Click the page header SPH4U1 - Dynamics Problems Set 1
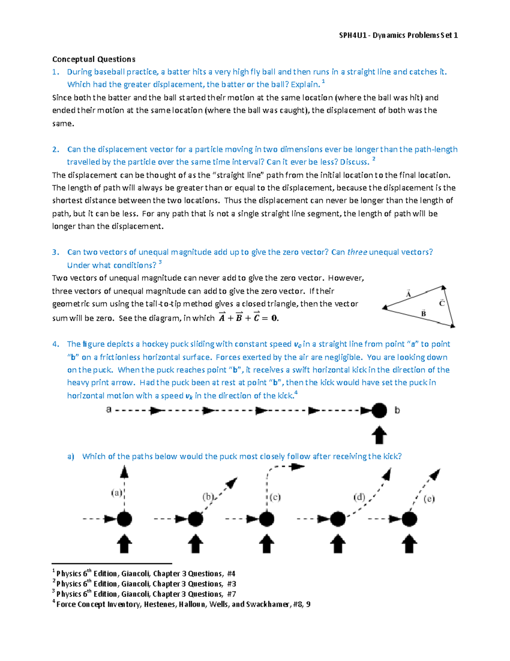coord(398,35)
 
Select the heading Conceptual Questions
coord(93,59)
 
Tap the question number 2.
coord(55,149)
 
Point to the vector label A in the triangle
coord(408,294)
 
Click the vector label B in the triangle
coord(423,314)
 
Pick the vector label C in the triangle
coord(442,303)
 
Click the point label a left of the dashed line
coord(109,410)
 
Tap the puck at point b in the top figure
coord(379,411)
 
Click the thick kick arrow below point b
coord(379,435)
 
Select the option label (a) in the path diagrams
coord(117,493)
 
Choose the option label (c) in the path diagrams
coord(275,497)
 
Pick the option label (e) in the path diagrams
coord(429,498)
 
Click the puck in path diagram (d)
coord(338,519)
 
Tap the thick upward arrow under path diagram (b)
coord(195,544)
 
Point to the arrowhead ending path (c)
coord(297,467)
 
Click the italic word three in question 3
coord(357,252)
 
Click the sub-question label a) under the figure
coord(71,456)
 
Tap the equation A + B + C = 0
coord(249,318)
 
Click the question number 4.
coord(55,344)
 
